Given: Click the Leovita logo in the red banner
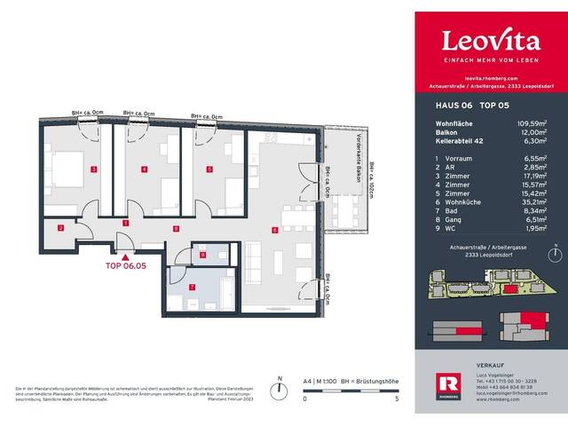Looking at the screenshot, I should point(491,41).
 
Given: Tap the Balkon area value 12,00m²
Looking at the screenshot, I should point(542,130).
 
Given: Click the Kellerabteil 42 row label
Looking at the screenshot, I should point(459,138).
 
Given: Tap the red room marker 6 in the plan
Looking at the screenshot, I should point(276,230).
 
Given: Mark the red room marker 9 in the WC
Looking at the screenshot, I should point(202,256).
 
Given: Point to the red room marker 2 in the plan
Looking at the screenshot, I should point(60,229).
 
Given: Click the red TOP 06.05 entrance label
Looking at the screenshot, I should point(125,264).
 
